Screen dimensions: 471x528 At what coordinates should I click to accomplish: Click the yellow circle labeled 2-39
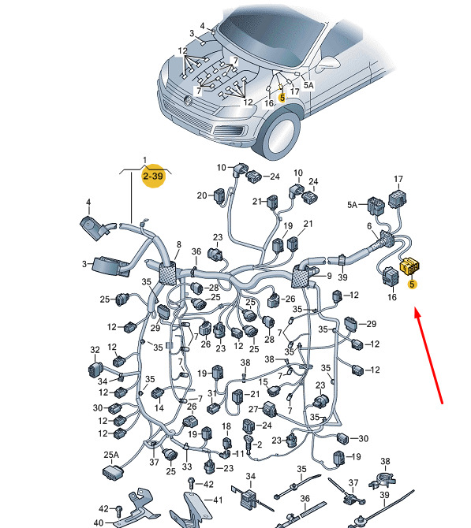click(154, 176)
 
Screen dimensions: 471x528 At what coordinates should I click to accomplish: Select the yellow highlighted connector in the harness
click(409, 266)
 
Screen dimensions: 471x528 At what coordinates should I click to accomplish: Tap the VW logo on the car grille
click(188, 100)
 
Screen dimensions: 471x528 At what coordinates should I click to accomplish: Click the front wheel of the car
click(281, 134)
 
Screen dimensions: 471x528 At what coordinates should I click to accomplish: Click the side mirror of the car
click(327, 63)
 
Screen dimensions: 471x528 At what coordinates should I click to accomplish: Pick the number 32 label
click(95, 350)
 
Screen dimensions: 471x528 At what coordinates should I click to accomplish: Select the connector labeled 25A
click(113, 471)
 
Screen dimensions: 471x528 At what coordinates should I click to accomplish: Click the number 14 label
click(159, 408)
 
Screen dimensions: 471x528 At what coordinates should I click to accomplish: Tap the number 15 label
click(264, 382)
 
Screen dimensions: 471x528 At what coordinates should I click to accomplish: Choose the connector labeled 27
click(270, 410)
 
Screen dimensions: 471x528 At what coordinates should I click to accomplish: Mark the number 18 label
click(226, 426)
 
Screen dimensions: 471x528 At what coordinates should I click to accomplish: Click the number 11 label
click(239, 454)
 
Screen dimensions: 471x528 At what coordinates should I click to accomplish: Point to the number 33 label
click(187, 467)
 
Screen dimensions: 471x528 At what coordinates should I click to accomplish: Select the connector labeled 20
click(219, 195)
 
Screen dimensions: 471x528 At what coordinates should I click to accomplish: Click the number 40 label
click(98, 522)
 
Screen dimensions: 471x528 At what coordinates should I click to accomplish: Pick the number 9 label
click(330, 276)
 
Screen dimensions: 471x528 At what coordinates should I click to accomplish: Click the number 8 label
click(178, 244)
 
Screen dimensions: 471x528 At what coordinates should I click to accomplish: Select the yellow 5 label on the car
click(282, 98)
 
